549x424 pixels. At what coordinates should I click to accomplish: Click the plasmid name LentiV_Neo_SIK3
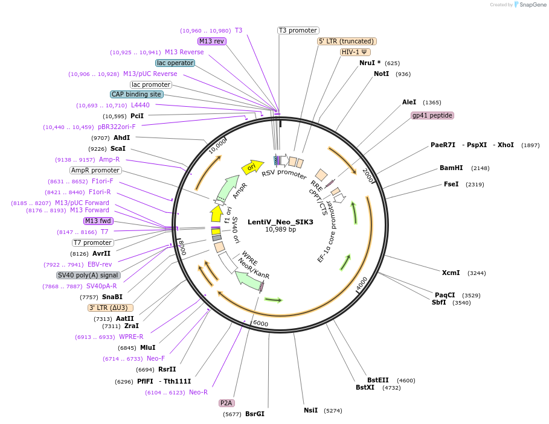(x=280, y=221)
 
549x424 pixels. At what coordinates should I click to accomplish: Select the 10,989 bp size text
(x=280, y=229)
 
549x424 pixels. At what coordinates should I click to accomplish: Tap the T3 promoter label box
(x=298, y=30)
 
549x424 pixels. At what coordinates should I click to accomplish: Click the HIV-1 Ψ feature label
(x=356, y=52)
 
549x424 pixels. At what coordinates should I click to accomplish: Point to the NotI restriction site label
(x=381, y=74)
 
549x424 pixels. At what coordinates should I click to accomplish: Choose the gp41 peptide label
(x=432, y=115)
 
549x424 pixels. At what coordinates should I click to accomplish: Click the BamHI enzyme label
(x=451, y=168)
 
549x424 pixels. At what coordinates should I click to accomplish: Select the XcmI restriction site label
(x=451, y=273)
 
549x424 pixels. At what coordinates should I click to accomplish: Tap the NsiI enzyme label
(x=310, y=410)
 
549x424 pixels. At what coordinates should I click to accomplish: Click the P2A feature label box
(x=226, y=402)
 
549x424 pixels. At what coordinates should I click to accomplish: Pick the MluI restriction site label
(x=147, y=347)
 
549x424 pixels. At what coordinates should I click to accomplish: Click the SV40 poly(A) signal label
(x=89, y=275)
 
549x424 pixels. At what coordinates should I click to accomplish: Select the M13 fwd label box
(x=98, y=221)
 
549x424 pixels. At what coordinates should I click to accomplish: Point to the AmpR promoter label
(x=95, y=170)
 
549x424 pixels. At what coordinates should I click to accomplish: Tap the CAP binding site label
(x=136, y=94)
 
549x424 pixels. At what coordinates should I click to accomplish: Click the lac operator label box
(x=175, y=63)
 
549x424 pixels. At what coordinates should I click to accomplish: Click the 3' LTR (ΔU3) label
(x=111, y=308)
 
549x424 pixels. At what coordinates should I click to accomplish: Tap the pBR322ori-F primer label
(x=117, y=127)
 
